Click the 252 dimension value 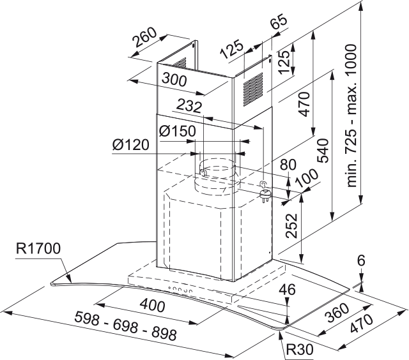point(291,225)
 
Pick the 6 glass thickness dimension point(362,260)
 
